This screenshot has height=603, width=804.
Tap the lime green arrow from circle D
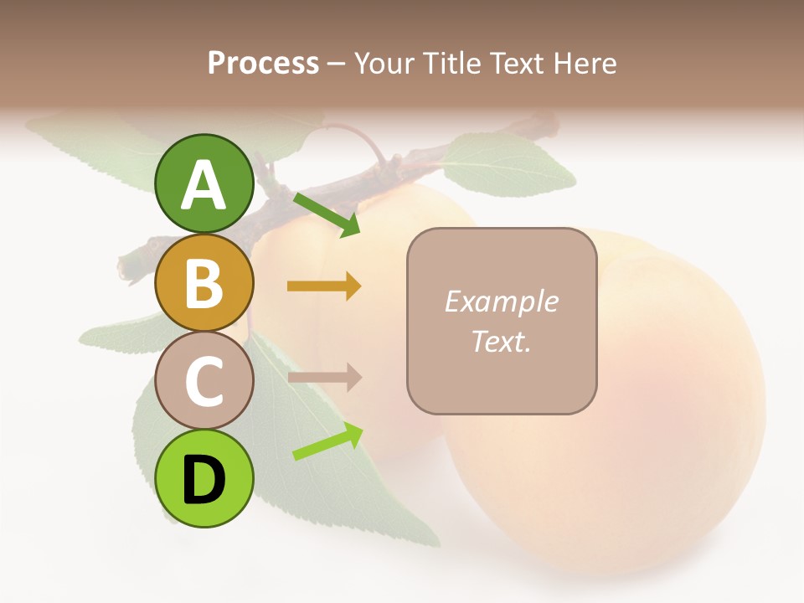point(327,441)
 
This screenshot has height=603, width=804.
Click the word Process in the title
point(263,63)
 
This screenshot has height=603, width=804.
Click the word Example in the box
point(501,301)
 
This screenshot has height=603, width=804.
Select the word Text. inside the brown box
point(501,341)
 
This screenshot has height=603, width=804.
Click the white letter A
point(204,185)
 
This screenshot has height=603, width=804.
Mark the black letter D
point(204,480)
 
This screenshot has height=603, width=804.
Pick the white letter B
point(204,283)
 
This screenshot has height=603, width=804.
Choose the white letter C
point(204,381)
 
